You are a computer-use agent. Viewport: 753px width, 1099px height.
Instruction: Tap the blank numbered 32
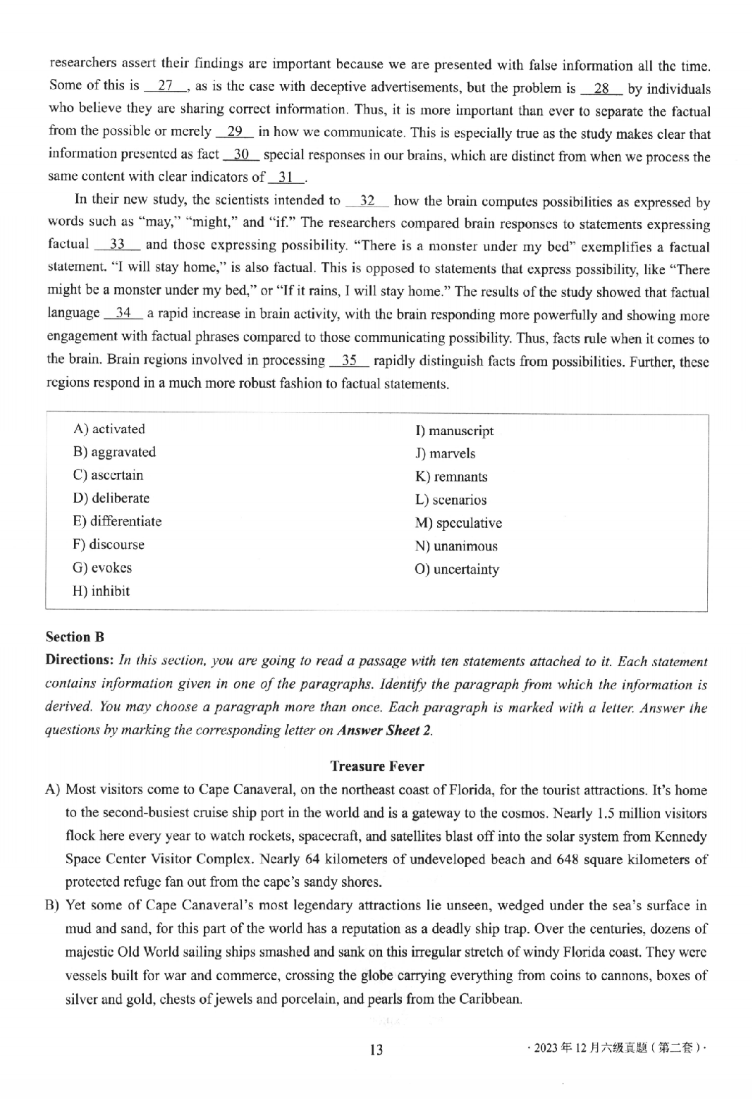367,201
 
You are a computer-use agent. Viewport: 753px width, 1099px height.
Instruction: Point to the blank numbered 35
349,361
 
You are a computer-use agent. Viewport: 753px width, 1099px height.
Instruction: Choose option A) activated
109,429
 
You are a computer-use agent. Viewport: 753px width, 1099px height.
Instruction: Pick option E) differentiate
117,522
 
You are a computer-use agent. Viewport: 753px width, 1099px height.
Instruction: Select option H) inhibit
101,591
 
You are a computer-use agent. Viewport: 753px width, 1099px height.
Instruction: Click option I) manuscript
454,431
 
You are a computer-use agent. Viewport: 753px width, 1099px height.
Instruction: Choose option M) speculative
458,523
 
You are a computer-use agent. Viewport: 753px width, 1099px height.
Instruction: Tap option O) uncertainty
457,570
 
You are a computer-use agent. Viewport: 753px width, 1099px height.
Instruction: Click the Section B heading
75,637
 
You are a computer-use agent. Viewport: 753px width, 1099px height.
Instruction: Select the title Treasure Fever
376,766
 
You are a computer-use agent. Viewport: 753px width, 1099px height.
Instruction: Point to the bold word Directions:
79,661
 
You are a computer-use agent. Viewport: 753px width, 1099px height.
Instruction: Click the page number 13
376,1050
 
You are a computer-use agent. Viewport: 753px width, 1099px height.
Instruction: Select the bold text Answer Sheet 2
384,730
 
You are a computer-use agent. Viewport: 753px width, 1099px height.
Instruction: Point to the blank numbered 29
235,132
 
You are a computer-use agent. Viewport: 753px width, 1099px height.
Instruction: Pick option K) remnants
451,477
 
